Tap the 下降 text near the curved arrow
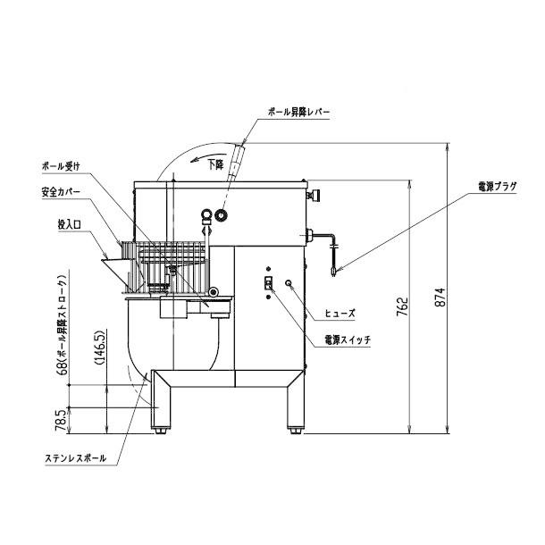[x=215, y=164]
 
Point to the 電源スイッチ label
[x=348, y=340]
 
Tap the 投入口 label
[x=68, y=227]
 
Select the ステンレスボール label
[x=73, y=458]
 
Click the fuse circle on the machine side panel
[x=289, y=283]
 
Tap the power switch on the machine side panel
[x=266, y=283]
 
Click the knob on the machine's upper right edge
[x=314, y=195]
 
